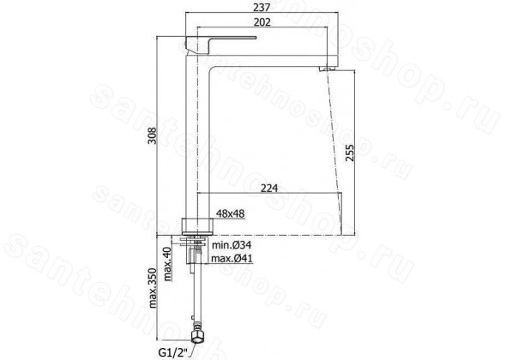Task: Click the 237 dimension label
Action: tap(262, 7)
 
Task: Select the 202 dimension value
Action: tap(262, 22)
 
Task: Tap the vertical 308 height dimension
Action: tap(152, 135)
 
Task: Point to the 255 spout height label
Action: tap(350, 153)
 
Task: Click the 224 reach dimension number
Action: tap(269, 188)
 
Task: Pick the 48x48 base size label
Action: tap(230, 213)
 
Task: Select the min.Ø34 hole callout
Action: tap(232, 245)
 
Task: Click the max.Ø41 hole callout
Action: tap(232, 258)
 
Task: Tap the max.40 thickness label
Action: tap(167, 264)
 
